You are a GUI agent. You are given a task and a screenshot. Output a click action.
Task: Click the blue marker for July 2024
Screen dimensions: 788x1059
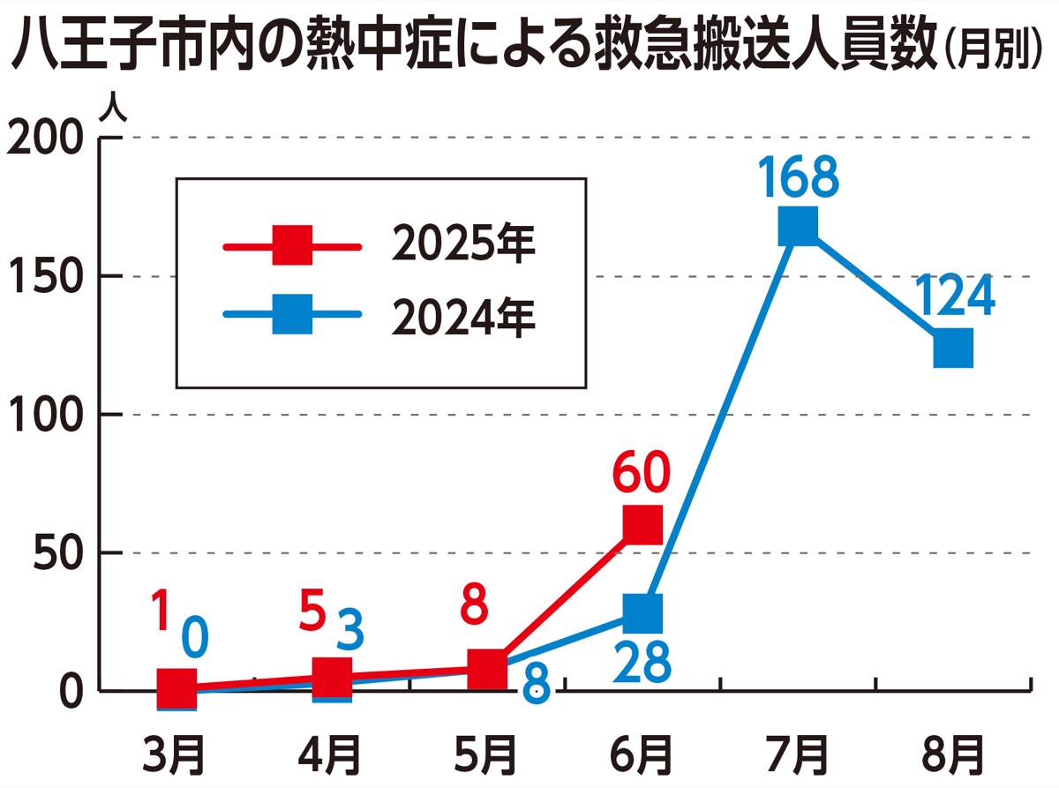click(798, 227)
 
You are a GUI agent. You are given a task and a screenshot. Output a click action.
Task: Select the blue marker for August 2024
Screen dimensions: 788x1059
click(953, 348)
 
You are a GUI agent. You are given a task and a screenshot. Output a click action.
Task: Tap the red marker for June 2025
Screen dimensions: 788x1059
click(642, 524)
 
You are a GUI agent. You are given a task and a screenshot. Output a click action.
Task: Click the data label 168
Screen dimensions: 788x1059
click(798, 178)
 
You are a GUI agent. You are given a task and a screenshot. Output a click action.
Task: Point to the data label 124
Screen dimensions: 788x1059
click(953, 298)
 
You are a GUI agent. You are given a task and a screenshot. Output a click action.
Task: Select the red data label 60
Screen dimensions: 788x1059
click(642, 477)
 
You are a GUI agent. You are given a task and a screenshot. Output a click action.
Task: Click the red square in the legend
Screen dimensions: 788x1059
click(292, 244)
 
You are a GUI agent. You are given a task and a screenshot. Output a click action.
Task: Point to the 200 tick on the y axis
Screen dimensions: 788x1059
click(45, 139)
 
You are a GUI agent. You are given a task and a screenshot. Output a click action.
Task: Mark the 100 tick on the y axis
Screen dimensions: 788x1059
click(45, 415)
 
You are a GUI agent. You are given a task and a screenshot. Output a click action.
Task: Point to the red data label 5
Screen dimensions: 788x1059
click(310, 612)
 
